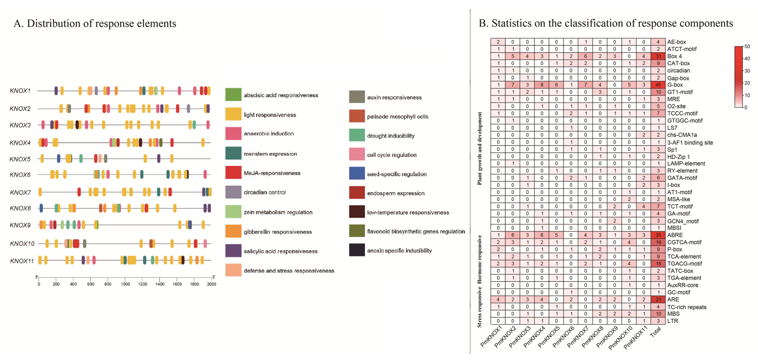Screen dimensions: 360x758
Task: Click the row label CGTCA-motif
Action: (x=684, y=242)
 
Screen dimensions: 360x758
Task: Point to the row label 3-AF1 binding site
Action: (x=690, y=143)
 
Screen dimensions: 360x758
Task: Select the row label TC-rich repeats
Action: (x=686, y=307)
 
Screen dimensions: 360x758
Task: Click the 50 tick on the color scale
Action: (x=747, y=47)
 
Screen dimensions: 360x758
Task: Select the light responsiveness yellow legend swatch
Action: (x=233, y=114)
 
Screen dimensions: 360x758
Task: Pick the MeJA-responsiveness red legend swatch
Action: (x=233, y=173)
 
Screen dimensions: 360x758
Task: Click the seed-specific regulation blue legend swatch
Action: (x=357, y=173)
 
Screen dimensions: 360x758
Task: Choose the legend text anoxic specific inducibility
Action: (x=399, y=251)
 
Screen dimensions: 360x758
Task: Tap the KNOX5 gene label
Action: (x=20, y=159)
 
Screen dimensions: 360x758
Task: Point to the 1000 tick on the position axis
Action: (x=125, y=284)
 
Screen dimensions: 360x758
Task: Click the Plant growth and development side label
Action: (x=480, y=149)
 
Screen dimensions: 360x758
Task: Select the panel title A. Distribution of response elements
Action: (x=95, y=23)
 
